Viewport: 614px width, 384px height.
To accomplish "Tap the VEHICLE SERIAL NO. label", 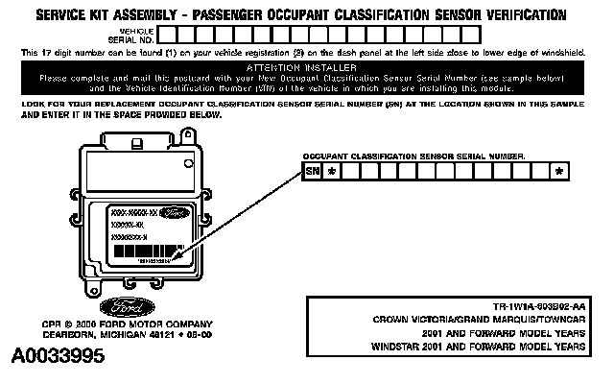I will pyautogui.click(x=139, y=35).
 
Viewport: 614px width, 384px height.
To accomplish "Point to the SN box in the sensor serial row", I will pyautogui.click(x=313, y=172).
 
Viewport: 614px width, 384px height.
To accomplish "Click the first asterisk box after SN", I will pyautogui.click(x=332, y=172).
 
